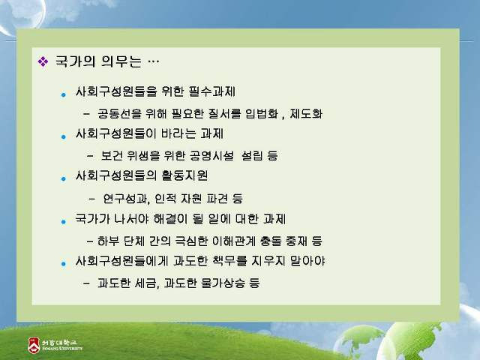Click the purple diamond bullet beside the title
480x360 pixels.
43,61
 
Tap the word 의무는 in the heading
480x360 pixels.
121,61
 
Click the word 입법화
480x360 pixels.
262,113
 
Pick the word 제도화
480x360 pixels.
306,113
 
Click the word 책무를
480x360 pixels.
229,261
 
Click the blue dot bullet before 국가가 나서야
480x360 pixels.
63,221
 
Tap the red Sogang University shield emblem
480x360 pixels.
34,346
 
